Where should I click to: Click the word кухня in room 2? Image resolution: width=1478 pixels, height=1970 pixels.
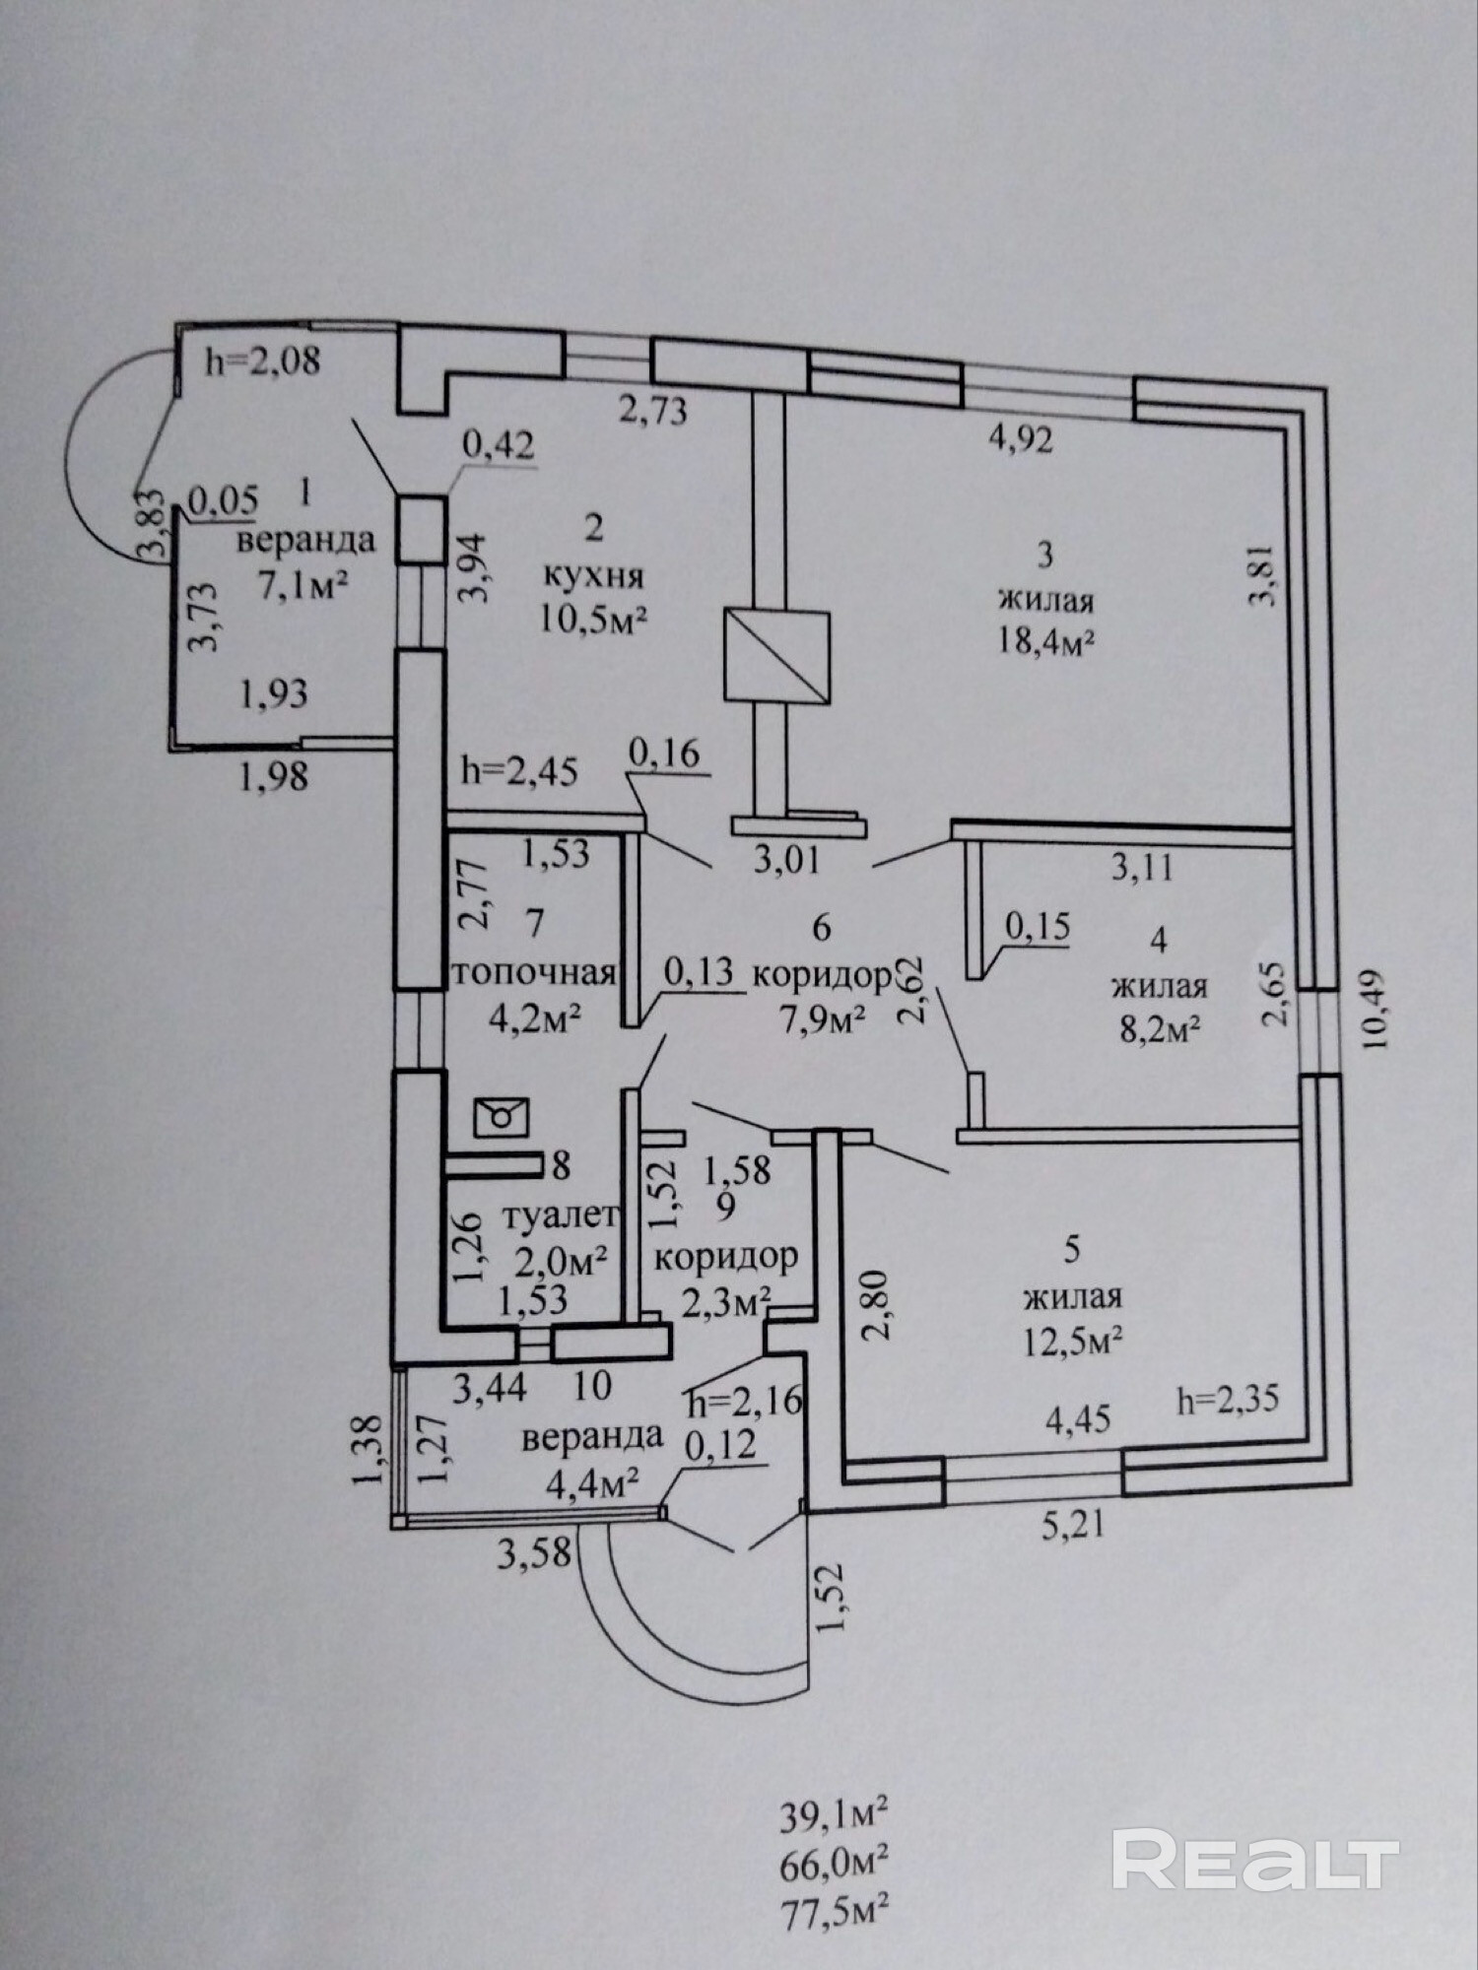pyautogui.click(x=593, y=575)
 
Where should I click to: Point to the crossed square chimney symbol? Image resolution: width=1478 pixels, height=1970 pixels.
pyautogui.click(x=776, y=657)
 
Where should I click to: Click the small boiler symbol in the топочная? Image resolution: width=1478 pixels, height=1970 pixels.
pyautogui.click(x=502, y=1116)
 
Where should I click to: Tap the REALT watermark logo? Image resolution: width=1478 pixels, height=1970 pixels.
pyautogui.click(x=1255, y=1858)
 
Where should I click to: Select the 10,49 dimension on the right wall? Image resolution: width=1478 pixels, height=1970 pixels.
pyautogui.click(x=1375, y=1009)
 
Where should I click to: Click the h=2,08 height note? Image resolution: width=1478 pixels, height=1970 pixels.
pyautogui.click(x=263, y=361)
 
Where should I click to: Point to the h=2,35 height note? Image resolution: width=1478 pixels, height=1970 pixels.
pyautogui.click(x=1228, y=1400)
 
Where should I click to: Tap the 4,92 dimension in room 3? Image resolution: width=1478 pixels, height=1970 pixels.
pyautogui.click(x=1021, y=438)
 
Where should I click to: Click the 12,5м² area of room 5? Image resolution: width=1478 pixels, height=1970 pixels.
pyautogui.click(x=1073, y=1341)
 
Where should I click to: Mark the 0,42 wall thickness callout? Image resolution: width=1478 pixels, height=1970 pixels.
pyautogui.click(x=499, y=445)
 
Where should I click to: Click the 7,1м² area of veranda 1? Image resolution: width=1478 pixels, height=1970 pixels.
pyautogui.click(x=303, y=587)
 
